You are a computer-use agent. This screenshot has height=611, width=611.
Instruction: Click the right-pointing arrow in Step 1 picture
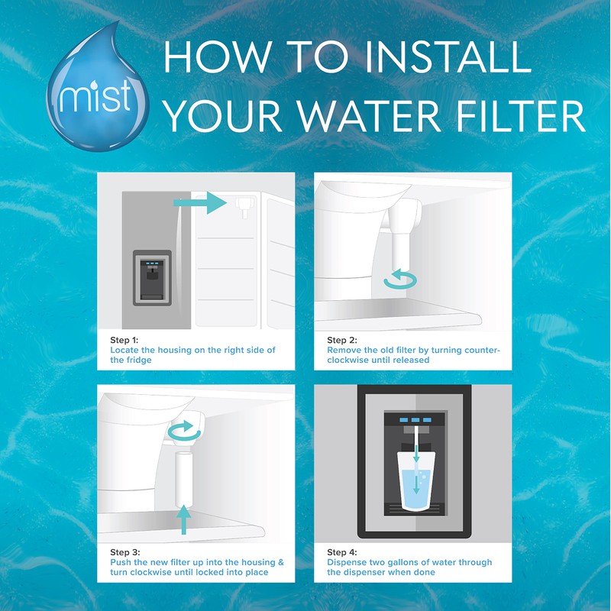pos(201,202)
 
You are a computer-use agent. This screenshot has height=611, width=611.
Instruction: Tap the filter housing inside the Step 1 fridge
pos(243,205)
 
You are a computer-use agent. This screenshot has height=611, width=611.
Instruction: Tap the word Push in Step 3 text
pos(121,563)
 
